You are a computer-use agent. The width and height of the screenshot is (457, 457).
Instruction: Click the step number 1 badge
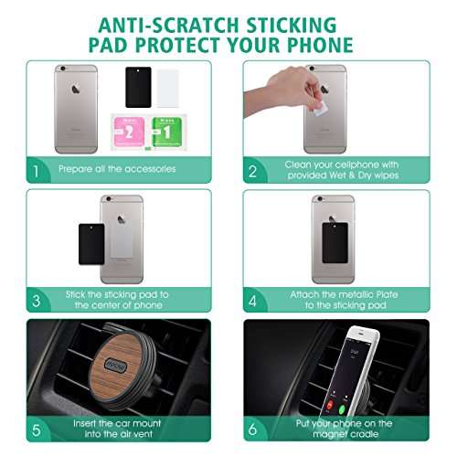pos(36,169)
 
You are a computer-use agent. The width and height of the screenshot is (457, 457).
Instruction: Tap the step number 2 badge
pos(253,169)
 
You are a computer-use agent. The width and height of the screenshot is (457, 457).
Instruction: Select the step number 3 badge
pos(36,299)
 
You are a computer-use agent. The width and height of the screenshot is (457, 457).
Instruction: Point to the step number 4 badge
pos(253,299)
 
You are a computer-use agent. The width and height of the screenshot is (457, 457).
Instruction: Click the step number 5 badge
pos(36,428)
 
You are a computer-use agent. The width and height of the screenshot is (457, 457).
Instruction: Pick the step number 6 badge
pos(253,428)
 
